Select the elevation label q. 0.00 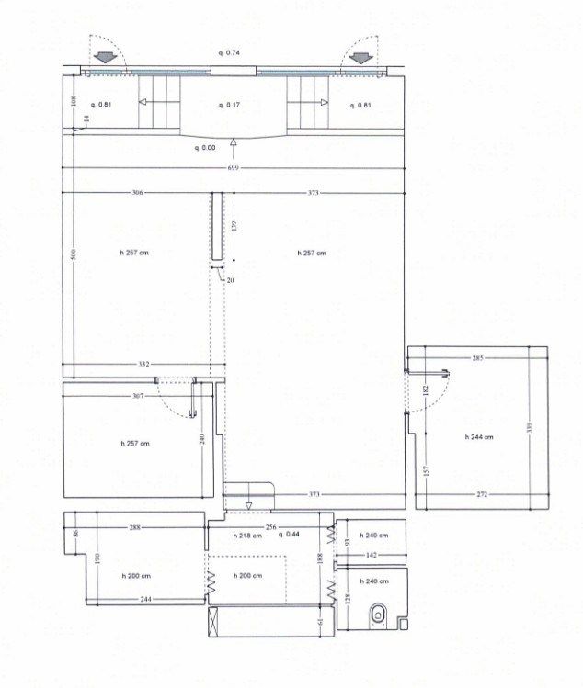pyautogui.click(x=204, y=147)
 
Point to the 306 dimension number pyautogui.click(x=136, y=193)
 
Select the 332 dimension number pyautogui.click(x=143, y=365)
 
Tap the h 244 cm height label pyautogui.click(x=476, y=437)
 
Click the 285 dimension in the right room pyautogui.click(x=477, y=357)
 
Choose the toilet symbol pyautogui.click(x=378, y=613)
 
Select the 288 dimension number pyautogui.click(x=134, y=527)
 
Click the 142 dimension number pyautogui.click(x=372, y=556)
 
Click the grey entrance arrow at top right pyautogui.click(x=360, y=57)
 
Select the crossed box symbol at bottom pyautogui.click(x=215, y=622)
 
